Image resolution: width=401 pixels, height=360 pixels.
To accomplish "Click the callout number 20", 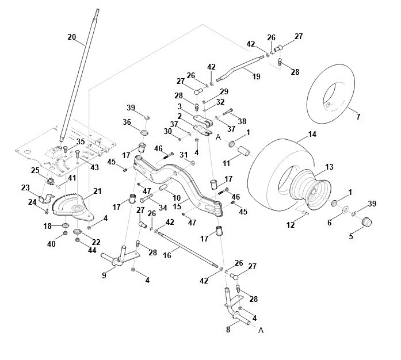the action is point(72,37).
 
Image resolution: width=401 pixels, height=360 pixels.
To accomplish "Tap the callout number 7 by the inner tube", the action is point(358,117).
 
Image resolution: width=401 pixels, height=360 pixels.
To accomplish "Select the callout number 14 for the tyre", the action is point(312,134).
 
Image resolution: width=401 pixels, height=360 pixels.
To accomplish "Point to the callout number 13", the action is point(330,167).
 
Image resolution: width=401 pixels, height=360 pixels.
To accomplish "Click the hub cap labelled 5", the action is point(366,221).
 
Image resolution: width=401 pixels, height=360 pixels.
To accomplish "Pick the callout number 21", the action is point(97,191).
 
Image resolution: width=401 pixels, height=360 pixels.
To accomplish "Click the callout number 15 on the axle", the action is point(177,206).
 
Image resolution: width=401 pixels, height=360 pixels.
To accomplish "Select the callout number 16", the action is point(167,255).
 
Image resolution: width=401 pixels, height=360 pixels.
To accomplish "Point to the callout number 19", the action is point(256,76).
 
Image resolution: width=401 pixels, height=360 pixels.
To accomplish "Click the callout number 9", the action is point(104,275).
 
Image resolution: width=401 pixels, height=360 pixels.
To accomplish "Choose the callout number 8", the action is point(228,330).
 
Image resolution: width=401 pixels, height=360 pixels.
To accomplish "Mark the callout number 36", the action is point(127,122).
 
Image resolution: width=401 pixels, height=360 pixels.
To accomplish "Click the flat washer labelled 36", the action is point(145,133).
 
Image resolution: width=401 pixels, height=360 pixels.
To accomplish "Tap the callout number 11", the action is point(226,163).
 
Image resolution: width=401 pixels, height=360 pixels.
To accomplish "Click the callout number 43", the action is point(94,167).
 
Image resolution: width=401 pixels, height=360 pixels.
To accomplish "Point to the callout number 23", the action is point(25,188).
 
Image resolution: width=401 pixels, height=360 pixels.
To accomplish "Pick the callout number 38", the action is point(242,121).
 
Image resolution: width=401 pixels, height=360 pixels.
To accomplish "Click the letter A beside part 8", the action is point(261,330).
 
